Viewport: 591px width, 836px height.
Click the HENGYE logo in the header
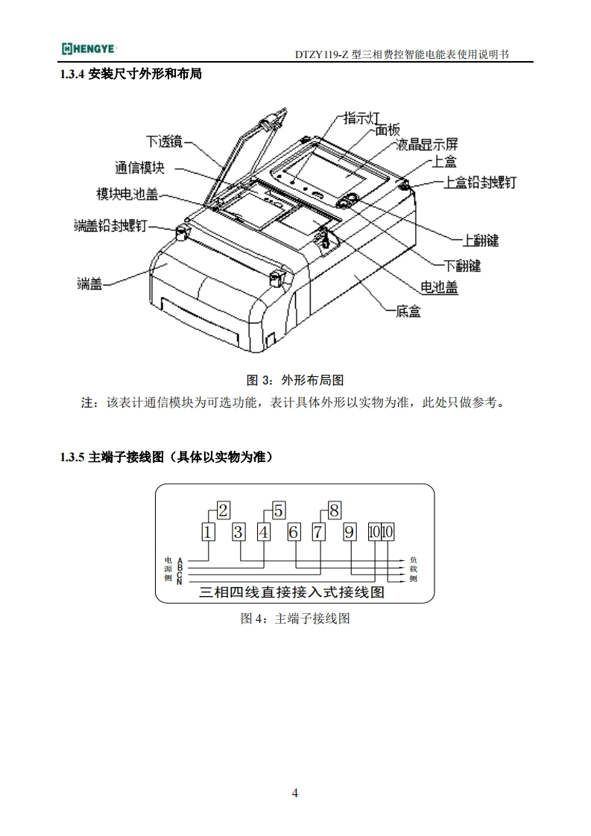pyautogui.click(x=87, y=49)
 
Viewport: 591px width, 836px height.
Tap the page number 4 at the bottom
pyautogui.click(x=295, y=792)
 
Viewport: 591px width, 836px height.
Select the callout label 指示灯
pyautogui.click(x=362, y=118)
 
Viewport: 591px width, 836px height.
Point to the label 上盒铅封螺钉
pyautogui.click(x=480, y=183)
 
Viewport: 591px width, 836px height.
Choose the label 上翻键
pyautogui.click(x=481, y=240)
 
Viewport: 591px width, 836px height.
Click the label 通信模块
pyautogui.click(x=139, y=167)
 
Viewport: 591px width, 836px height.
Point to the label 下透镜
pyautogui.click(x=163, y=141)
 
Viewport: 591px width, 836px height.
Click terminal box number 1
pyautogui.click(x=209, y=532)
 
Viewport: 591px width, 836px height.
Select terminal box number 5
pyautogui.click(x=278, y=510)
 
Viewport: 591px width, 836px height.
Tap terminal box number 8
pyautogui.click(x=334, y=510)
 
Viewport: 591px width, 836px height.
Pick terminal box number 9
pyautogui.click(x=349, y=532)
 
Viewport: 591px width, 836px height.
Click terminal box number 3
pyautogui.click(x=238, y=532)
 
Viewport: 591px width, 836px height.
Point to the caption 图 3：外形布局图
pyautogui.click(x=295, y=379)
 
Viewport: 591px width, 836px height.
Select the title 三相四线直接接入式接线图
pyautogui.click(x=292, y=594)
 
